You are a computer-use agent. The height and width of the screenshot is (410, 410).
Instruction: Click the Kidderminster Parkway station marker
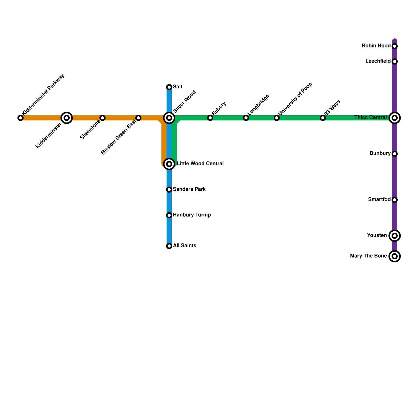(20, 118)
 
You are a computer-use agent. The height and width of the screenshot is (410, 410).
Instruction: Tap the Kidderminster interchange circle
(67, 118)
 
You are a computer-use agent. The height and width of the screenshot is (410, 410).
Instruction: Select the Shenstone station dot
(102, 118)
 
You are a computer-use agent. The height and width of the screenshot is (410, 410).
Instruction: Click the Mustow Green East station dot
(138, 118)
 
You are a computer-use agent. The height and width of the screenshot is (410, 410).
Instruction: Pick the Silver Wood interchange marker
(169, 118)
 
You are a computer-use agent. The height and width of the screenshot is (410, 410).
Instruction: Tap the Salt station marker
(169, 87)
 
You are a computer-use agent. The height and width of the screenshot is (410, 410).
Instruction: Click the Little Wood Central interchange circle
(169, 164)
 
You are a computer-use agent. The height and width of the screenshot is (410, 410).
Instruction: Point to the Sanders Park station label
(189, 189)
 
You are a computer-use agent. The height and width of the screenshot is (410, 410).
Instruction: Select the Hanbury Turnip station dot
(169, 215)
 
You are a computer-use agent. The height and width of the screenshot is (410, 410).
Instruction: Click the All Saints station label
(184, 246)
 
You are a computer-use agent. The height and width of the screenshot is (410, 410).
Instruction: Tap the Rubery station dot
(210, 118)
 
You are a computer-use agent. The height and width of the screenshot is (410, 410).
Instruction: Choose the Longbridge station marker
(246, 118)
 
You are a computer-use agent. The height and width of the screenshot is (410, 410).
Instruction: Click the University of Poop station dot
(277, 118)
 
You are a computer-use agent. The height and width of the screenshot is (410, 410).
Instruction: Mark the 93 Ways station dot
(323, 118)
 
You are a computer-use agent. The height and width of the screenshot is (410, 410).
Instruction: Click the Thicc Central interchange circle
(395, 118)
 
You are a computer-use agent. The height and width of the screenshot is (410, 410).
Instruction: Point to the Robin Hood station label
(376, 46)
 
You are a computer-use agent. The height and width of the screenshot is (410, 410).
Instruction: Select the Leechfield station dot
(395, 61)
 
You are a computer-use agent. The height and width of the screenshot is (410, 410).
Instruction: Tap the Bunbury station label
(380, 153)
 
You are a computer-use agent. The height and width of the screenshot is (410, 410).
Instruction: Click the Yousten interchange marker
(395, 236)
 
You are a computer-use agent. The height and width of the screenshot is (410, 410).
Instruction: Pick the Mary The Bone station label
(368, 256)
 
